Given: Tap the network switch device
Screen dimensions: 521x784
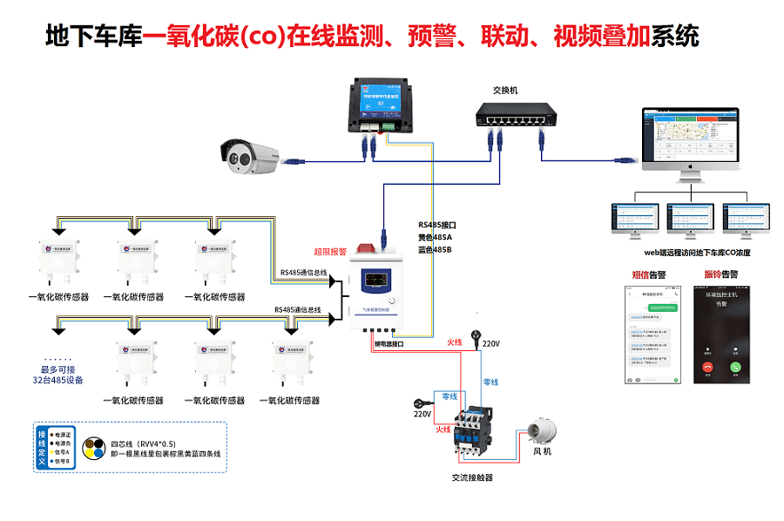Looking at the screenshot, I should click(x=515, y=114).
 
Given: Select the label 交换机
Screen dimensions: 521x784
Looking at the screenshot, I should click(x=505, y=90).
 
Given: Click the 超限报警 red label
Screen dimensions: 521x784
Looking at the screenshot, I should click(x=330, y=252).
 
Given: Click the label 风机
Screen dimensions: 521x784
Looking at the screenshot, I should click(x=542, y=451).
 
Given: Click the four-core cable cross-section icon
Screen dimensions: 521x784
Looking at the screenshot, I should click(x=93, y=448).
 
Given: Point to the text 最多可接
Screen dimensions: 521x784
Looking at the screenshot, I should click(x=57, y=369).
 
